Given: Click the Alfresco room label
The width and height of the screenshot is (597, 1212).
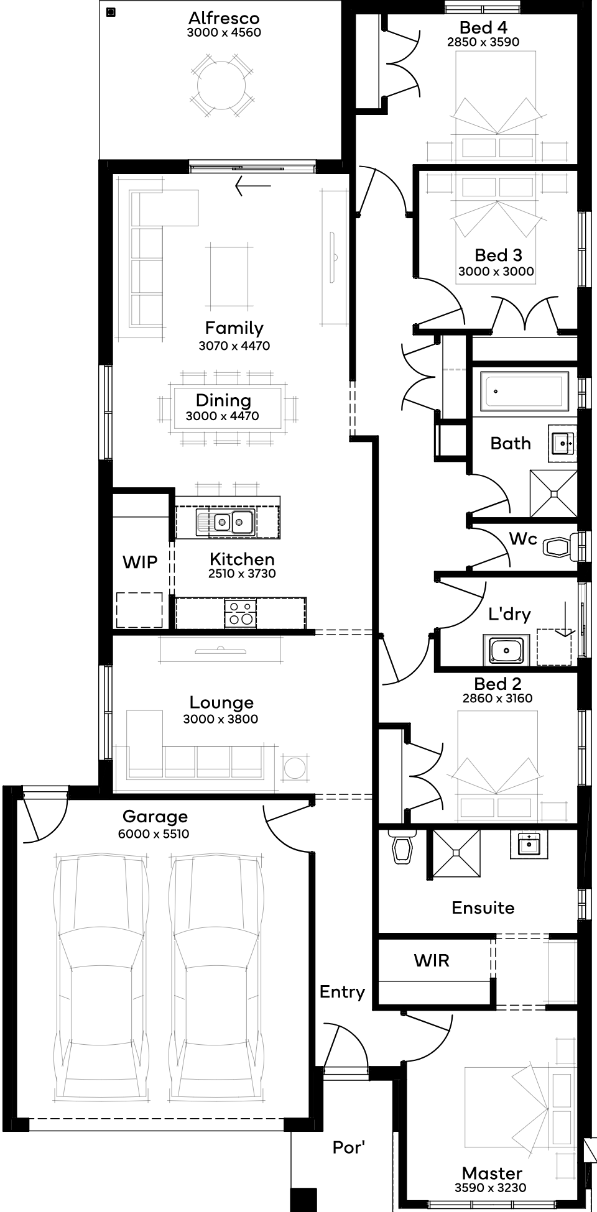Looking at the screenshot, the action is click(224, 17).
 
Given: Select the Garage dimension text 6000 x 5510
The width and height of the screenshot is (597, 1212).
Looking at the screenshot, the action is click(154, 834).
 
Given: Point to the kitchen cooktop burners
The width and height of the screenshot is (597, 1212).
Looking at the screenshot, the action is click(239, 613).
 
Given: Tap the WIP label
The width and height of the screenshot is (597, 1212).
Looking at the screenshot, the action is click(140, 562).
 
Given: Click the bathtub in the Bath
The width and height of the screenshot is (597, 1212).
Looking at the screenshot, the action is click(526, 392).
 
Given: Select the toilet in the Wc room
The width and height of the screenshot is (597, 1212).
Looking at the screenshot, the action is click(559, 546).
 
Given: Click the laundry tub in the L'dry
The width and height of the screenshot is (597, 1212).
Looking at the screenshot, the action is click(506, 650).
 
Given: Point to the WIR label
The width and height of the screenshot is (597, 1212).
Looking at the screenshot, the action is click(432, 960).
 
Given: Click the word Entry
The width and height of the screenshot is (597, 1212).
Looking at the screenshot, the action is click(342, 993).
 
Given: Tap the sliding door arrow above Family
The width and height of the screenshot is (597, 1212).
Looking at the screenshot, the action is click(253, 185).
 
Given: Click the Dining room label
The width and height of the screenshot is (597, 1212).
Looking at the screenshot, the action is click(223, 400).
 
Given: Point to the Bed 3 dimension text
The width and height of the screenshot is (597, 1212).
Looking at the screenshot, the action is click(496, 271).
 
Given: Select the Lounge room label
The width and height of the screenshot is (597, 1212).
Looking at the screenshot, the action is click(221, 702).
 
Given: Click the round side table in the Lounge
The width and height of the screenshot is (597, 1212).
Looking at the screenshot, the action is click(295, 768).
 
